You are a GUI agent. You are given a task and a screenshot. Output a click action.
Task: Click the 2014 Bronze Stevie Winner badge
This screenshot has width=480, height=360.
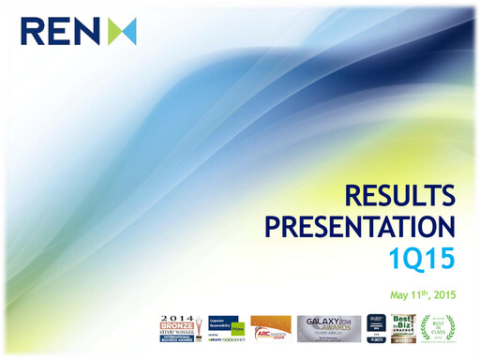point(180,327)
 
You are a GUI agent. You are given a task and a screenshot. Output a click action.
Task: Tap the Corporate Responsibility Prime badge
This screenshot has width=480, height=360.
point(228,327)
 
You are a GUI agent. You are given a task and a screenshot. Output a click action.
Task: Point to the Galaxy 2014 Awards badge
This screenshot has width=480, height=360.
point(328,327)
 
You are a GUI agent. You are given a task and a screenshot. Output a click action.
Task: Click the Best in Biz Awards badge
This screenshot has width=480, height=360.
point(404,327)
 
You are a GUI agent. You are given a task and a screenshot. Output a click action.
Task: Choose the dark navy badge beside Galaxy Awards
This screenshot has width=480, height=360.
point(376,327)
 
